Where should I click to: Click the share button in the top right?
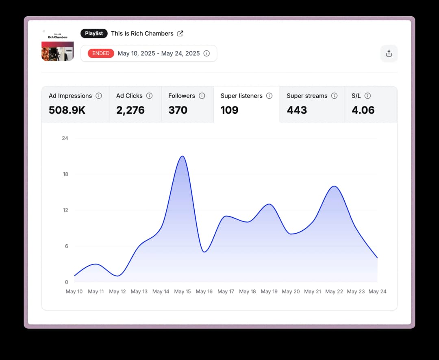[389, 54]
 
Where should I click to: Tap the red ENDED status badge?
[101, 53]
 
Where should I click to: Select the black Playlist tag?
[94, 33]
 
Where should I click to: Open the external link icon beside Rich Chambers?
[180, 33]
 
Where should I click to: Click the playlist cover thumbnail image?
[57, 45]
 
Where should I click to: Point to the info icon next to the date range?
[206, 53]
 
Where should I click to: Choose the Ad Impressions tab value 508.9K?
[67, 110]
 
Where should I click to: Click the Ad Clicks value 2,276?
[130, 110]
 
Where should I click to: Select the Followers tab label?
[182, 96]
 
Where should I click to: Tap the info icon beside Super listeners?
[269, 96]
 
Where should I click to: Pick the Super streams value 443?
[297, 110]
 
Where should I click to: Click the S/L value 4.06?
[363, 110]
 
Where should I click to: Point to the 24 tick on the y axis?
[65, 138]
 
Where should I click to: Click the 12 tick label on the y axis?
[65, 210]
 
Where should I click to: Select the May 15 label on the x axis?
[183, 291]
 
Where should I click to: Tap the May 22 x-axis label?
[334, 291]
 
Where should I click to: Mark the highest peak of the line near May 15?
[183, 156]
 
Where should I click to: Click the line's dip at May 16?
[204, 252]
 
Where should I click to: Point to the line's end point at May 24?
[377, 258]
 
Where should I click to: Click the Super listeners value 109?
[229, 110]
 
